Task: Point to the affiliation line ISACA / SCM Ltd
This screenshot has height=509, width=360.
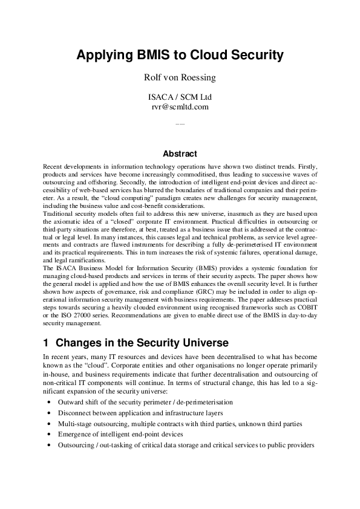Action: pyautogui.click(x=180, y=96)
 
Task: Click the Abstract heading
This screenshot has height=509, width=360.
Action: pyautogui.click(x=180, y=154)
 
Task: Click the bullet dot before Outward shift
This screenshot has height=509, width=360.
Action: pyautogui.click(x=48, y=402)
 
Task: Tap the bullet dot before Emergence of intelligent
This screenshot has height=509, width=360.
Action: pyautogui.click(x=48, y=435)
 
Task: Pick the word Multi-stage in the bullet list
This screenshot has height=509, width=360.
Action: pyautogui.click(x=77, y=424)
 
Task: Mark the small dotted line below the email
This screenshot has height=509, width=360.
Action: pyautogui.click(x=180, y=124)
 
